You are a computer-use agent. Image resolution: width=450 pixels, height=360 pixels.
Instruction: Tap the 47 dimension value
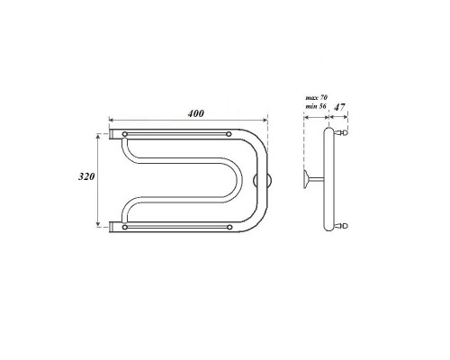click(339, 107)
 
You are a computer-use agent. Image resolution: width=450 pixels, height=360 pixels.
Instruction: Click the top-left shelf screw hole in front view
click(124, 136)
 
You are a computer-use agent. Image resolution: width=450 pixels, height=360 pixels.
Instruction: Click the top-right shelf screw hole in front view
click(229, 136)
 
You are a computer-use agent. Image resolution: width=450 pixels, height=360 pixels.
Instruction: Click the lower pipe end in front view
click(113, 227)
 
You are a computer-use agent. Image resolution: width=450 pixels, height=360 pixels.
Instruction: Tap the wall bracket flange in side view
click(307, 178)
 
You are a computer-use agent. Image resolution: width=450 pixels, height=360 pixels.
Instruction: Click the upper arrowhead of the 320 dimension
click(98, 134)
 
